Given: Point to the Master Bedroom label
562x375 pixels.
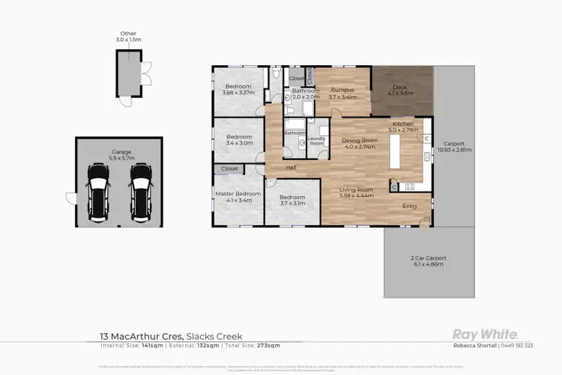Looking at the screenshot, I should click(238, 197).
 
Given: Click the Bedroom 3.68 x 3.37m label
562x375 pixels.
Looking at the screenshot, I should click(238, 90).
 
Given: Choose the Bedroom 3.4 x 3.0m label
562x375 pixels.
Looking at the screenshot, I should click(240, 140).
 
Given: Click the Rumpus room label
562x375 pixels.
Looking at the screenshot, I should click(342, 94).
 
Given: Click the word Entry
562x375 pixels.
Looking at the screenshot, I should click(411, 206).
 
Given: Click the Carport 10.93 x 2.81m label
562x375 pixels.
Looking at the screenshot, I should click(455, 147).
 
